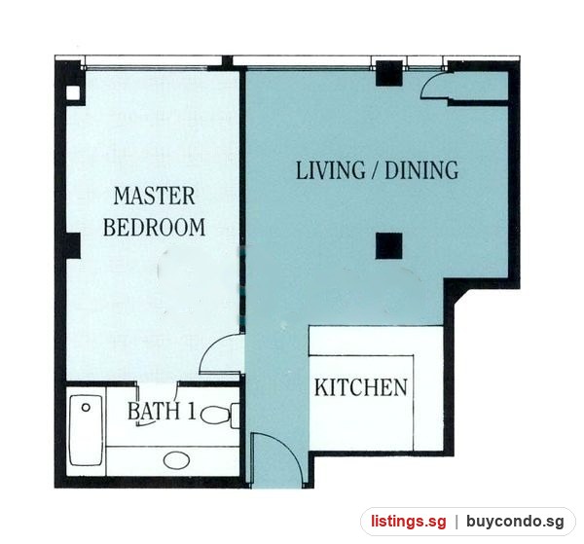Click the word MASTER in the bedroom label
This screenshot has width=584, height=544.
(154, 196)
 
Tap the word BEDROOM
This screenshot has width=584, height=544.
(154, 227)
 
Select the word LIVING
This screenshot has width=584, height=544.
(331, 170)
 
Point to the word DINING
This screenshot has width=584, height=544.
(421, 170)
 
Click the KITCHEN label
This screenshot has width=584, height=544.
(361, 387)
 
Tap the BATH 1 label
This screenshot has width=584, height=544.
(162, 411)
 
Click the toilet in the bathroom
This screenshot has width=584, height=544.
(221, 416)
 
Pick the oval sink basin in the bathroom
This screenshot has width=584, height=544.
(176, 460)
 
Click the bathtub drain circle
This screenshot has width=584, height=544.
(86, 408)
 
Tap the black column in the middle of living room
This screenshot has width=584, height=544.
(388, 246)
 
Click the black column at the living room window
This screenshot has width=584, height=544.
(388, 73)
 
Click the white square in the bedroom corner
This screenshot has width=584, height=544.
(73, 93)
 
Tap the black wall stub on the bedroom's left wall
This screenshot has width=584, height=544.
(73, 246)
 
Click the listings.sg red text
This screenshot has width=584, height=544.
(408, 522)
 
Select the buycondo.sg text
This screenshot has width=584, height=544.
(516, 522)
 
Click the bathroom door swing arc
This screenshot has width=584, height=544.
(149, 423)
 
